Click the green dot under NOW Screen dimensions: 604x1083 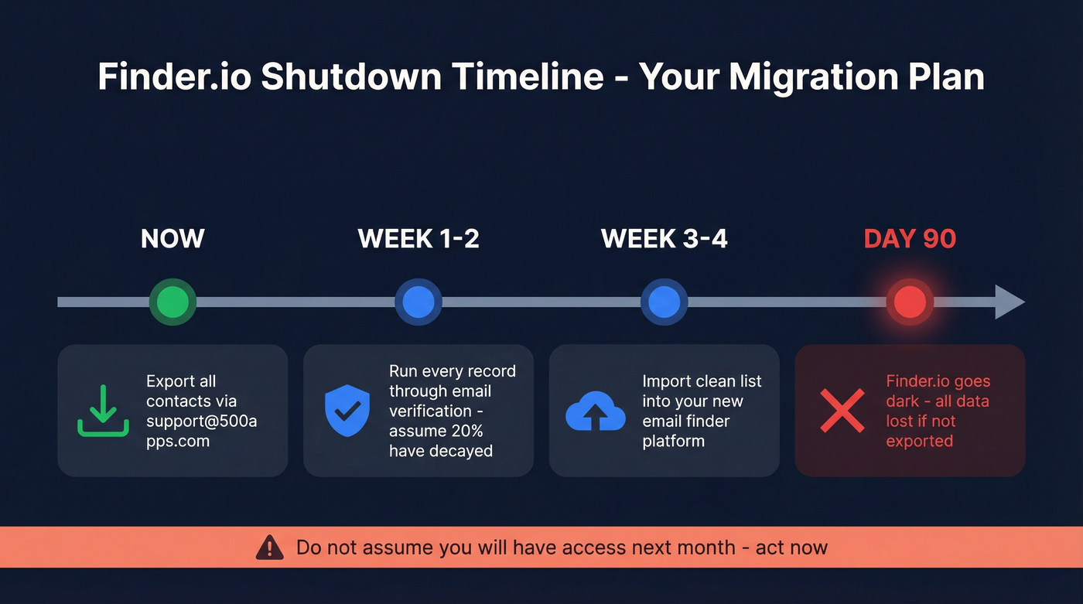(x=173, y=302)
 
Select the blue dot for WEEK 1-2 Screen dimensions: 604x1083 (x=419, y=302)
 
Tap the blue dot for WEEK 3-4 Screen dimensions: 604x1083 (x=664, y=302)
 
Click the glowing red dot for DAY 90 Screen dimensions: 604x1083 (x=910, y=302)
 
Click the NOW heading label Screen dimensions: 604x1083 (x=173, y=238)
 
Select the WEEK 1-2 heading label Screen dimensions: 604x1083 (x=419, y=238)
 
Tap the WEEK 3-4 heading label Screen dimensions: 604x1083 (x=664, y=238)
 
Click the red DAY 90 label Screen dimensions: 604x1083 (x=910, y=238)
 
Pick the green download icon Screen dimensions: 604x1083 (x=103, y=411)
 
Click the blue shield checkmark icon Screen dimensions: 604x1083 (x=347, y=411)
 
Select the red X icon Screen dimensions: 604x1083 (x=842, y=411)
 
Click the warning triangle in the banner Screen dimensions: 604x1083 (x=269, y=548)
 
